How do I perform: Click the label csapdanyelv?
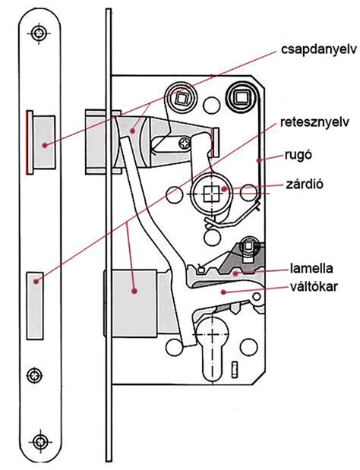pyautogui.click(x=319, y=49)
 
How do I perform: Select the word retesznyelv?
pyautogui.click(x=314, y=122)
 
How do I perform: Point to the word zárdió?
pyautogui.click(x=305, y=184)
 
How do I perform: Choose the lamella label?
pyautogui.click(x=311, y=268)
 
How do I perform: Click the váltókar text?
pyautogui.click(x=314, y=286)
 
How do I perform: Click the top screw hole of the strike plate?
pyautogui.click(x=39, y=33)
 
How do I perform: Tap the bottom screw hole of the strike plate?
pyautogui.click(x=39, y=441)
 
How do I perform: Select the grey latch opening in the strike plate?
pyautogui.click(x=44, y=142)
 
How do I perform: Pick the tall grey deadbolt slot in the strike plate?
pyautogui.click(x=35, y=306)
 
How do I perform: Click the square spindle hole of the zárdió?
pyautogui.click(x=212, y=194)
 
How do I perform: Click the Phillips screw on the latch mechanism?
pyautogui.click(x=185, y=143)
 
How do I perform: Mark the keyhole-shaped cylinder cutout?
pyautogui.click(x=212, y=349)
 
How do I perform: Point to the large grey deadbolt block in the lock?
pyautogui.click(x=134, y=303)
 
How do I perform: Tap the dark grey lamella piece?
pyautogui.click(x=242, y=260)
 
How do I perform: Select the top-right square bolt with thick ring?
pyautogui.click(x=241, y=97)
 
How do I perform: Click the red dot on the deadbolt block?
pyautogui.click(x=134, y=291)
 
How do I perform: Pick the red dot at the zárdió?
pyautogui.click(x=224, y=189)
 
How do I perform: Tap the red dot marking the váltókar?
pyautogui.click(x=223, y=292)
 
